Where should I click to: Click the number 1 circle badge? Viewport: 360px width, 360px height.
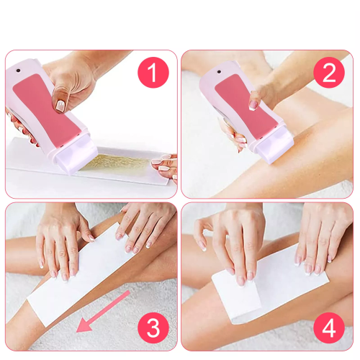[153, 73]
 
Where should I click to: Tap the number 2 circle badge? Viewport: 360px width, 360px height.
[329, 73]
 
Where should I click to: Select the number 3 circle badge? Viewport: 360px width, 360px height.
[153, 328]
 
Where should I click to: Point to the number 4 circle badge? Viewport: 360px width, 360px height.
[329, 328]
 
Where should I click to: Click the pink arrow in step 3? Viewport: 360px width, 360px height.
[103, 312]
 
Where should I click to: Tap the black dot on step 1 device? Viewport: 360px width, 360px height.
[18, 71]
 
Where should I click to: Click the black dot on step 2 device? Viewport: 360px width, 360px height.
[219, 72]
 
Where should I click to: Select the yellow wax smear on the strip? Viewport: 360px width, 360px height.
[115, 163]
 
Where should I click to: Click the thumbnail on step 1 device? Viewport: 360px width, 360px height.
[60, 106]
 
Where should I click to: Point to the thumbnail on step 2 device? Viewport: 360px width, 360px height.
[253, 105]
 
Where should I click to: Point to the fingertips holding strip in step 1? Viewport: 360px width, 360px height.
[164, 166]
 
